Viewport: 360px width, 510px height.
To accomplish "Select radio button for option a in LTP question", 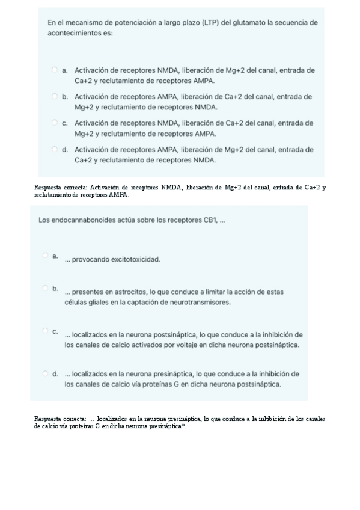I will coord(55,70).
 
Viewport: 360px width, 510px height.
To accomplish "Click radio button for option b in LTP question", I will coord(55,96).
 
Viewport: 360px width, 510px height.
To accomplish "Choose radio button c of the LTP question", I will coord(55,123).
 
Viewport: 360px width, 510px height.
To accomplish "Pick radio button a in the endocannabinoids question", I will coord(46,256).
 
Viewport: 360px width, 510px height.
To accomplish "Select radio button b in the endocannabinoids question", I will coord(46,288).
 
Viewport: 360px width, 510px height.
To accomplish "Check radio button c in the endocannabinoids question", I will coord(46,330).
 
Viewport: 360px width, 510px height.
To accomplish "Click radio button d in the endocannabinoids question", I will coord(46,373).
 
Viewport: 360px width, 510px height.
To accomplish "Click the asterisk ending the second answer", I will coord(185,426).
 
